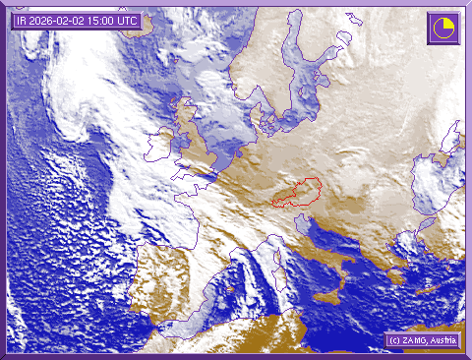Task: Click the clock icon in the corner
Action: tap(442, 27)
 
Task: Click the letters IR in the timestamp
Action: tap(22, 20)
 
